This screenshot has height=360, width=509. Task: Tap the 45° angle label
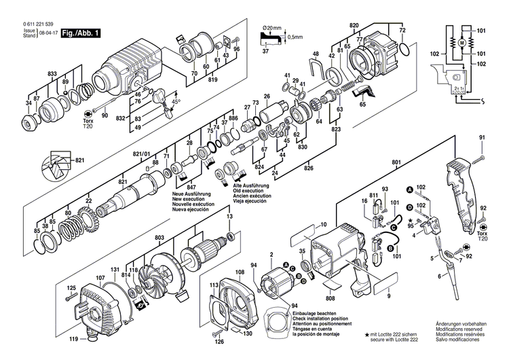(174, 101)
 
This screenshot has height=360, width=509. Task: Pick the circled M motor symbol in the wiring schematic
(461, 43)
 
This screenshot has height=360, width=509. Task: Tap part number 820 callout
(354, 25)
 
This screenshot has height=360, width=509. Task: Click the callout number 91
(483, 139)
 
